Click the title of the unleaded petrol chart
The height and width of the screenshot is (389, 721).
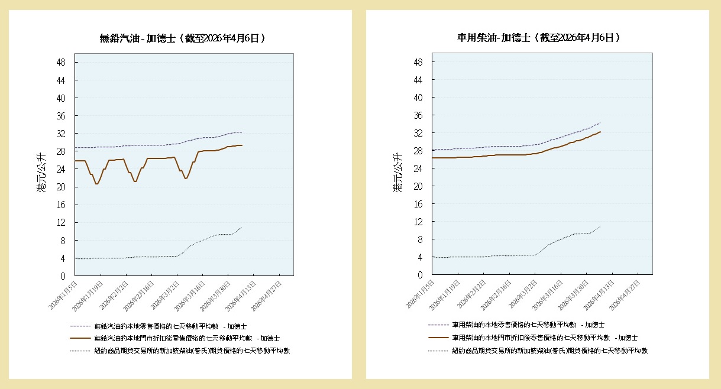point(182,38)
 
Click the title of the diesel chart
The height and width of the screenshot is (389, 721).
point(538,38)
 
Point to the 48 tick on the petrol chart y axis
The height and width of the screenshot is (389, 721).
point(61,63)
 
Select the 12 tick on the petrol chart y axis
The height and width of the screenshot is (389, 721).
point(61,223)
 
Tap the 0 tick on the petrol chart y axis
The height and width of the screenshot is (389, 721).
point(63,276)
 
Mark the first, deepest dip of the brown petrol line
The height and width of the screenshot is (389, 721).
point(97,184)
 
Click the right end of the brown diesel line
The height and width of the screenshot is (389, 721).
point(600,132)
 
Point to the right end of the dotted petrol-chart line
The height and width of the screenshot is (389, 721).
point(241,228)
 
